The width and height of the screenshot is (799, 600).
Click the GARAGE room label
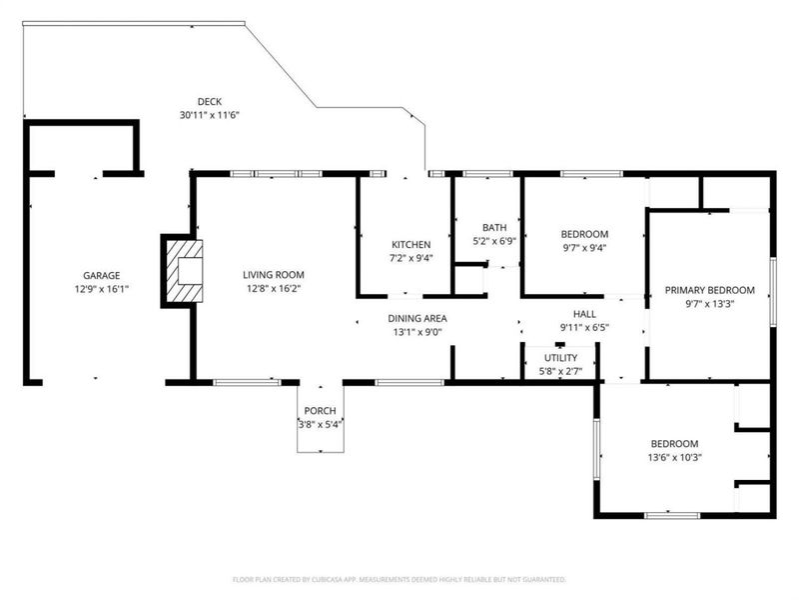[x=101, y=275]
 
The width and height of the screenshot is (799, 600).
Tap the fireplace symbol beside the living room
[x=183, y=269]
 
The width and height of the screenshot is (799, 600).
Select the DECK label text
[x=209, y=101]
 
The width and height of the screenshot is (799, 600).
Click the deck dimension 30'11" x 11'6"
[x=209, y=115]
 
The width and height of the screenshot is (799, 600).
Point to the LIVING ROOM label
[x=273, y=274]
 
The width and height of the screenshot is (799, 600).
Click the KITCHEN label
[x=410, y=245]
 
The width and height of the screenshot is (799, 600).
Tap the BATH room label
[x=494, y=227]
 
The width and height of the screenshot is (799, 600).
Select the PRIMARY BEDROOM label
[x=710, y=290]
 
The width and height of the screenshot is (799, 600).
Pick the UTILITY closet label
[x=560, y=357]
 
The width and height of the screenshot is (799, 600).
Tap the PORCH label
[x=320, y=411]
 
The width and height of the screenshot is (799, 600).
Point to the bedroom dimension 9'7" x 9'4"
[x=584, y=248]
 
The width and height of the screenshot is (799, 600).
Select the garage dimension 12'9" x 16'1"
[x=101, y=289]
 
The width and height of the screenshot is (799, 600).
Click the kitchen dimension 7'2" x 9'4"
[x=410, y=258]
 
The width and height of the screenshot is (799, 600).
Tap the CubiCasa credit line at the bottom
[x=399, y=579]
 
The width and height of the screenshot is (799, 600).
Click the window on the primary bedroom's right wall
[x=771, y=290]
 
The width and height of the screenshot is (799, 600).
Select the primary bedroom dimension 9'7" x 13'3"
[x=710, y=304]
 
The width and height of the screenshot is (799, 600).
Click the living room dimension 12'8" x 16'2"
[x=273, y=288]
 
